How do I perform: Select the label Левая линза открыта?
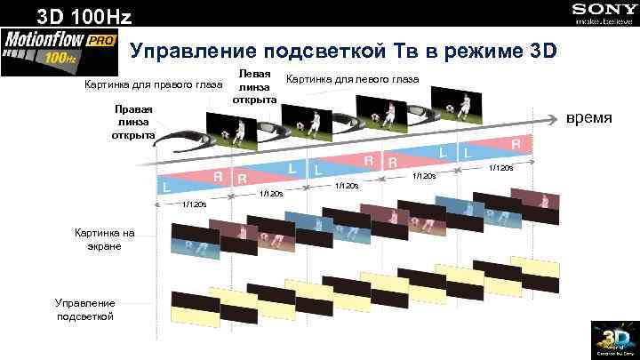(255, 84)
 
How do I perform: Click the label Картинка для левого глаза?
(352, 79)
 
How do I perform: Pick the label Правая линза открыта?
(132, 122)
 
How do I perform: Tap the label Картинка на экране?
(104, 239)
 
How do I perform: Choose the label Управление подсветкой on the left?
(85, 309)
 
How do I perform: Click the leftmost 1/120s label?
(194, 204)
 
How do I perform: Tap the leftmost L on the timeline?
(166, 187)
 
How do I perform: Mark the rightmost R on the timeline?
(516, 142)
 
